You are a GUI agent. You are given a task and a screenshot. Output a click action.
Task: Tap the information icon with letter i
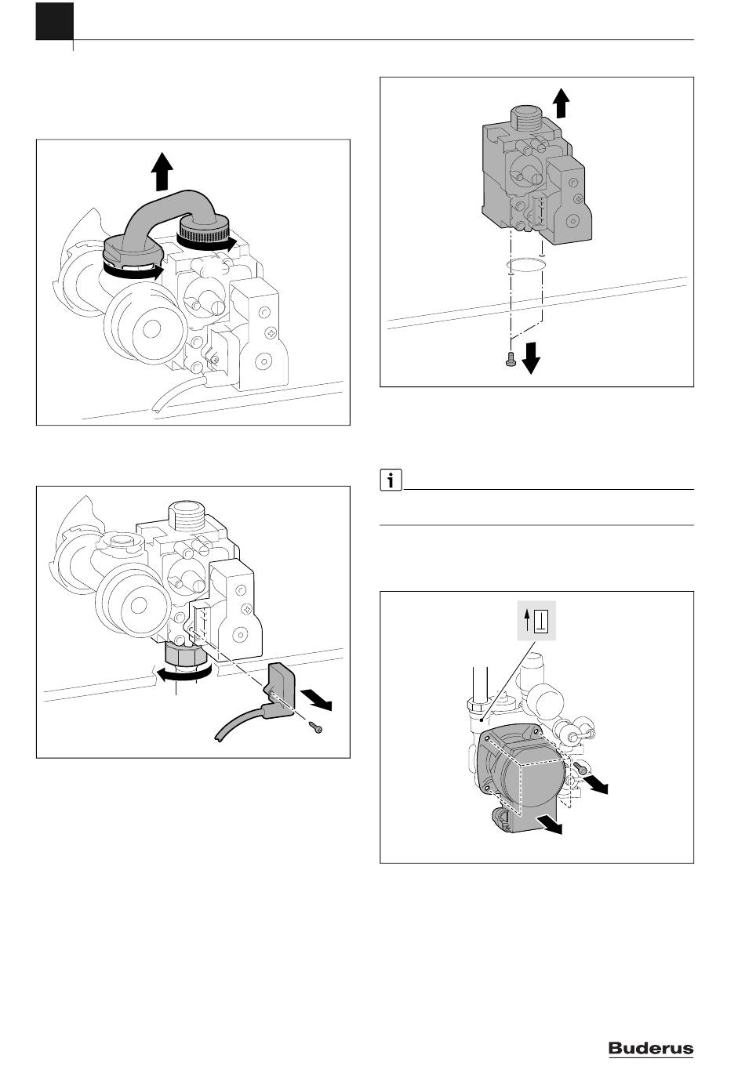391,480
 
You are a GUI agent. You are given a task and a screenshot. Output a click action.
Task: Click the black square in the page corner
55,21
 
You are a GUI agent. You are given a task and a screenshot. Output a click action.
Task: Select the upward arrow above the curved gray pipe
162,172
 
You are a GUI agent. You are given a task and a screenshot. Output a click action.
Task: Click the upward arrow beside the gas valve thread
562,103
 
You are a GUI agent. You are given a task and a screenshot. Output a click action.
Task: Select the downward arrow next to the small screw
530,359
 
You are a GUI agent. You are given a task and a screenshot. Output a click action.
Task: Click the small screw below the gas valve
511,359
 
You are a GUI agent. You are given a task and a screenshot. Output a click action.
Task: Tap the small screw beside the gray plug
316,727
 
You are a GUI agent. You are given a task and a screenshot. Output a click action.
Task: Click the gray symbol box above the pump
536,622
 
